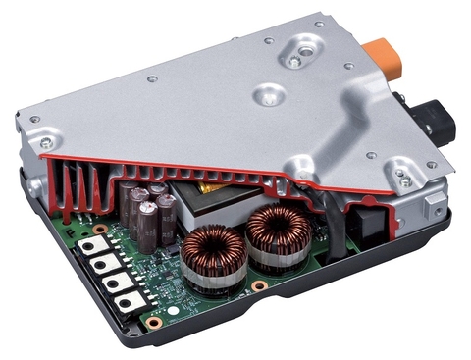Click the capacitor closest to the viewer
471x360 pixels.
pyautogui.click(x=147, y=226)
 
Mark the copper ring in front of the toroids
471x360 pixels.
pyautogui.click(x=256, y=285)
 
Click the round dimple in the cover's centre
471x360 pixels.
pyautogui.click(x=268, y=95)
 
